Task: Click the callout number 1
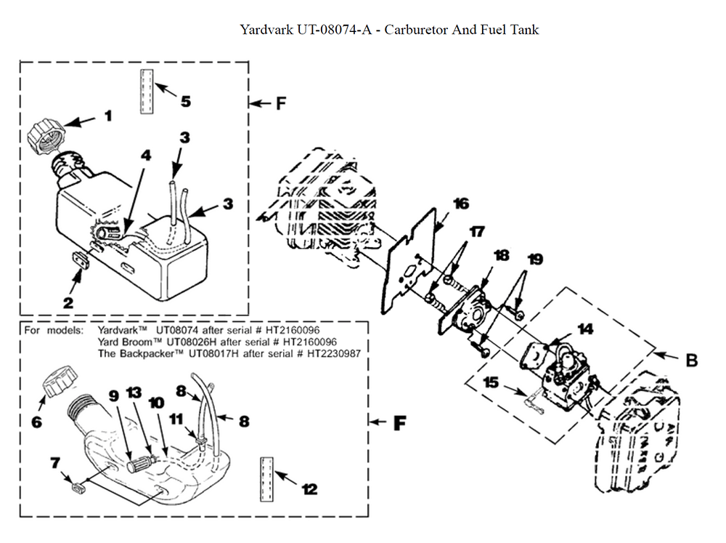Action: [107, 115]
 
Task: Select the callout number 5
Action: [186, 100]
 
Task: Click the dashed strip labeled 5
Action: [147, 92]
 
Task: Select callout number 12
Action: [309, 489]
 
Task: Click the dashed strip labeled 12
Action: [266, 478]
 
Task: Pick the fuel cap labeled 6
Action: [57, 382]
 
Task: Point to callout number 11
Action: [176, 419]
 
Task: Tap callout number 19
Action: [534, 259]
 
